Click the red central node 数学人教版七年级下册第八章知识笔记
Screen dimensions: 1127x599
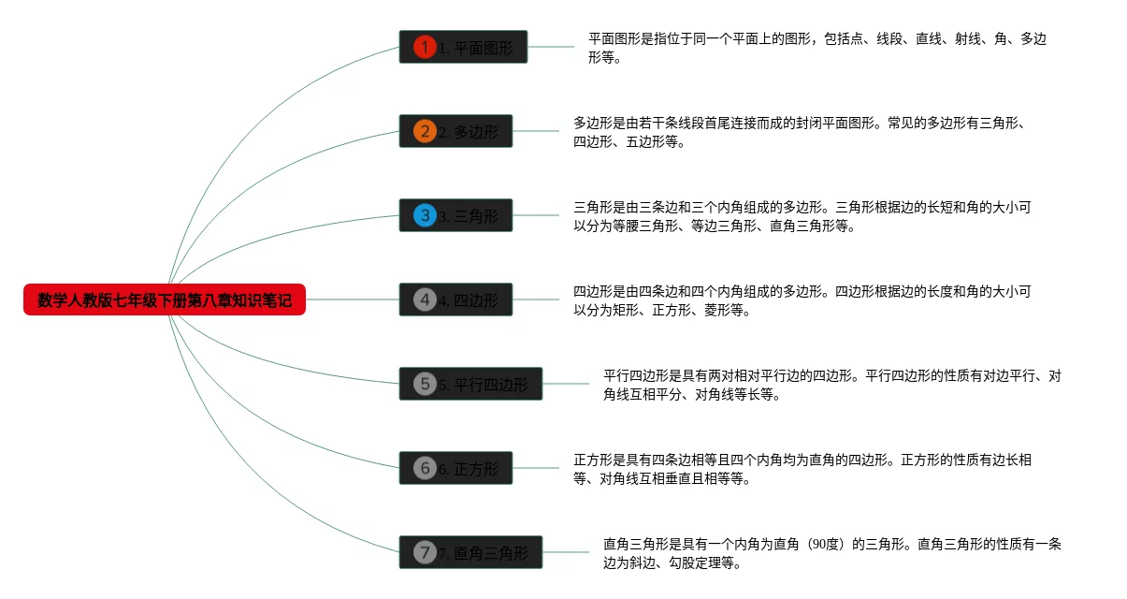165,299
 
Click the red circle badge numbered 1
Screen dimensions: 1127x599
425,47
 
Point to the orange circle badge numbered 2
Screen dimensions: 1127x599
425,131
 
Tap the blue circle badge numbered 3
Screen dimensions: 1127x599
425,215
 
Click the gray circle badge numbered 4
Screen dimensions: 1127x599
425,299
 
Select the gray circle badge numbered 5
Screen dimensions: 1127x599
425,384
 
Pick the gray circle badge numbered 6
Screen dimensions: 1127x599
425,468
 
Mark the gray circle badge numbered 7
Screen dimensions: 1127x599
425,552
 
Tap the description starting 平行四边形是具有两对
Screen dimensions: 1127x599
831,385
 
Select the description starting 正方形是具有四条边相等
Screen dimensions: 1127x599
802,469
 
